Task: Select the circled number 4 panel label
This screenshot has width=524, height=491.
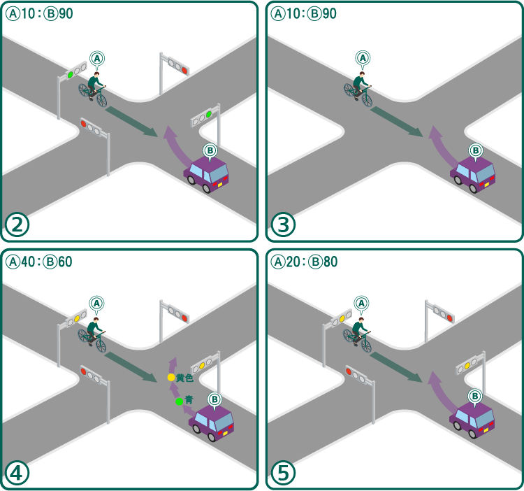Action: click(x=17, y=474)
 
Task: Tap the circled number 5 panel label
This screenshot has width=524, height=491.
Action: click(x=284, y=474)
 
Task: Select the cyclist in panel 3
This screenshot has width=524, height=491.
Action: click(x=360, y=87)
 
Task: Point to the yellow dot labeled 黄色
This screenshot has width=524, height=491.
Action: click(x=171, y=378)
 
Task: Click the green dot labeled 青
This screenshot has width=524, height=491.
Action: click(x=180, y=401)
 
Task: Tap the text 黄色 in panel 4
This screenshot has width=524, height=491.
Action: click(x=184, y=378)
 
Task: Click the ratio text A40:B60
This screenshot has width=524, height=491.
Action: click(x=38, y=262)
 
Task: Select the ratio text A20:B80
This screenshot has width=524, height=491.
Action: click(x=305, y=262)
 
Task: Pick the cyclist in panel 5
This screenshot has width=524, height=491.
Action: click(x=360, y=334)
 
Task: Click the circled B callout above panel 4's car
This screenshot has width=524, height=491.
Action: click(x=215, y=399)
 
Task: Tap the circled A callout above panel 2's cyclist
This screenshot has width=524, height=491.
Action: click(x=97, y=57)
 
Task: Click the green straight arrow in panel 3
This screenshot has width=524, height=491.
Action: click(x=397, y=121)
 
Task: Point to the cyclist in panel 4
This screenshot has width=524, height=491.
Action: click(x=94, y=334)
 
